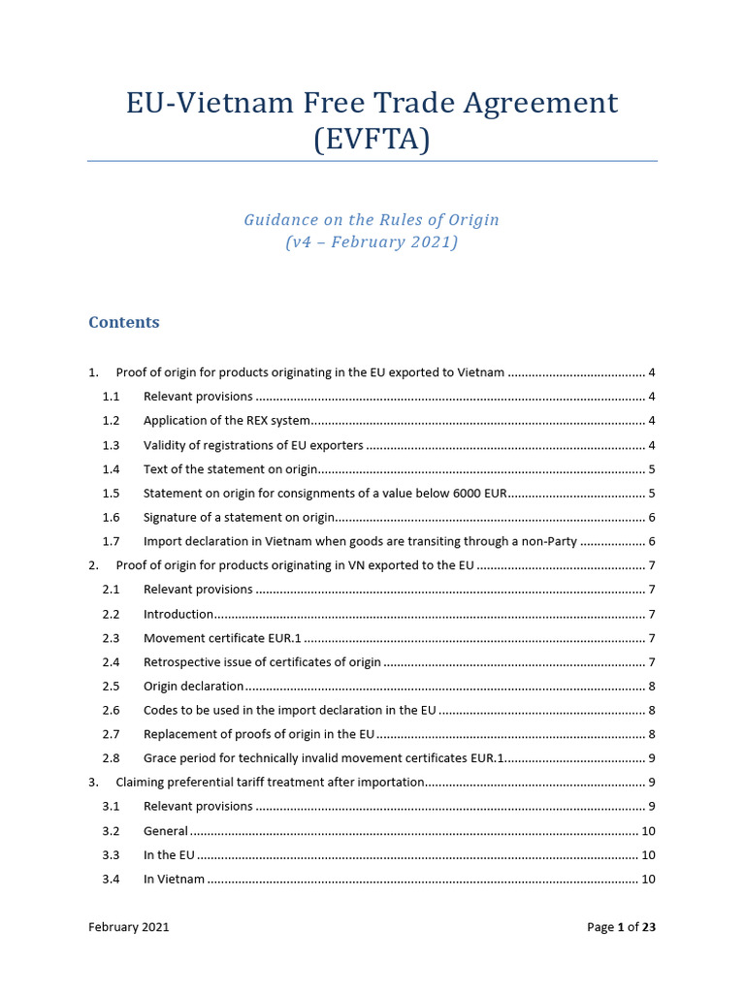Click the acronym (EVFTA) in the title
372,140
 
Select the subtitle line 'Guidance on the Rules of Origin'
372,219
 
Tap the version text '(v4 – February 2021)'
372,242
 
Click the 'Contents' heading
124,322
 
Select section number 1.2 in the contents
111,421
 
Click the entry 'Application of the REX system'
227,421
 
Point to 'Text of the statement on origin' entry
230,469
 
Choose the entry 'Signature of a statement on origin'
239,518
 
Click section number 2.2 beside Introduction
111,614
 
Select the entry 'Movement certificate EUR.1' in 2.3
222,638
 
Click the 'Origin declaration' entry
193,687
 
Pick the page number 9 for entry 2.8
653,758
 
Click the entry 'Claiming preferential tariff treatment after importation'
270,783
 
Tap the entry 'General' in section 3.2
165,831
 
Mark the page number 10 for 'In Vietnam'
649,880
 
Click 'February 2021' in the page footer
128,927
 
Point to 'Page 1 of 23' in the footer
621,927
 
